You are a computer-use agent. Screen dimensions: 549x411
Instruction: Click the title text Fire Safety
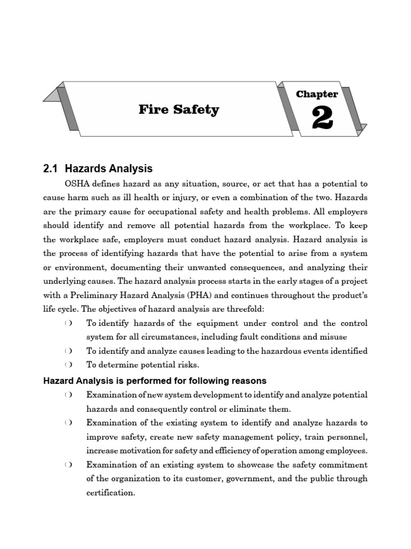179,110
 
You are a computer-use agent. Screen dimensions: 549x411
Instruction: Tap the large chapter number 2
322,118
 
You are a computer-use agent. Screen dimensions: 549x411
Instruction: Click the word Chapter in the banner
317,94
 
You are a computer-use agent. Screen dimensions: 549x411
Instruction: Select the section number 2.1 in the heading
50,169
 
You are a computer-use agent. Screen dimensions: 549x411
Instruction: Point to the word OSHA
78,183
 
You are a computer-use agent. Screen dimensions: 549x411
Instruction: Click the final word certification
110,493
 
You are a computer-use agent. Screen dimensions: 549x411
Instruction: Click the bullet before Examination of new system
68,395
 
